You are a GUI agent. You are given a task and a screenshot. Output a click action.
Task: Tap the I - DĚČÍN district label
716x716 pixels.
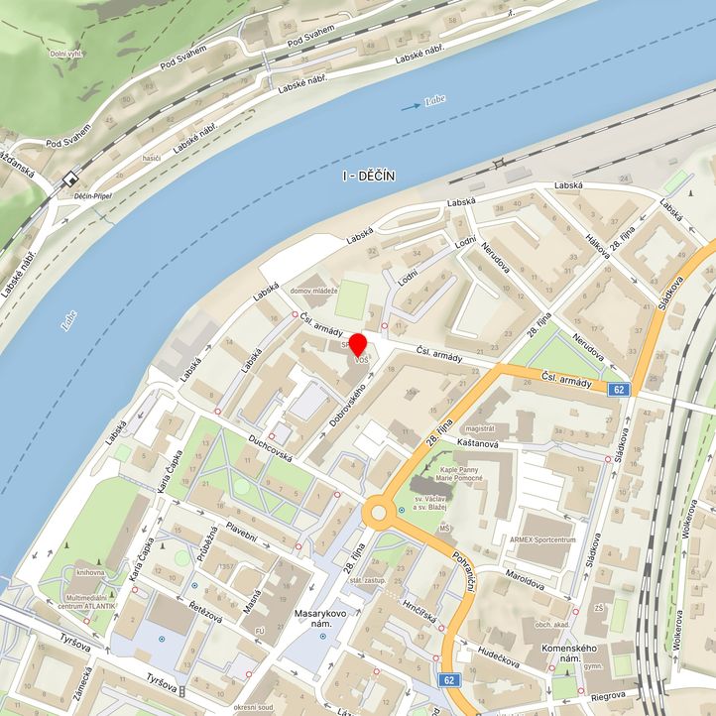[x=368, y=176]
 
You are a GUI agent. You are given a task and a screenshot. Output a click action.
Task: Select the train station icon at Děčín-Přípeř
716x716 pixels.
[x=70, y=179]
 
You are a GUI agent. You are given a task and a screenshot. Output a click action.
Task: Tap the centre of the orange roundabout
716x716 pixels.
[x=378, y=514]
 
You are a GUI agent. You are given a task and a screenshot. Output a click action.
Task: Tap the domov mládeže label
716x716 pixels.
[x=314, y=291]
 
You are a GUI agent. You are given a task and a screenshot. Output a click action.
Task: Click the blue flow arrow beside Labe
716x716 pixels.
[x=411, y=106]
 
